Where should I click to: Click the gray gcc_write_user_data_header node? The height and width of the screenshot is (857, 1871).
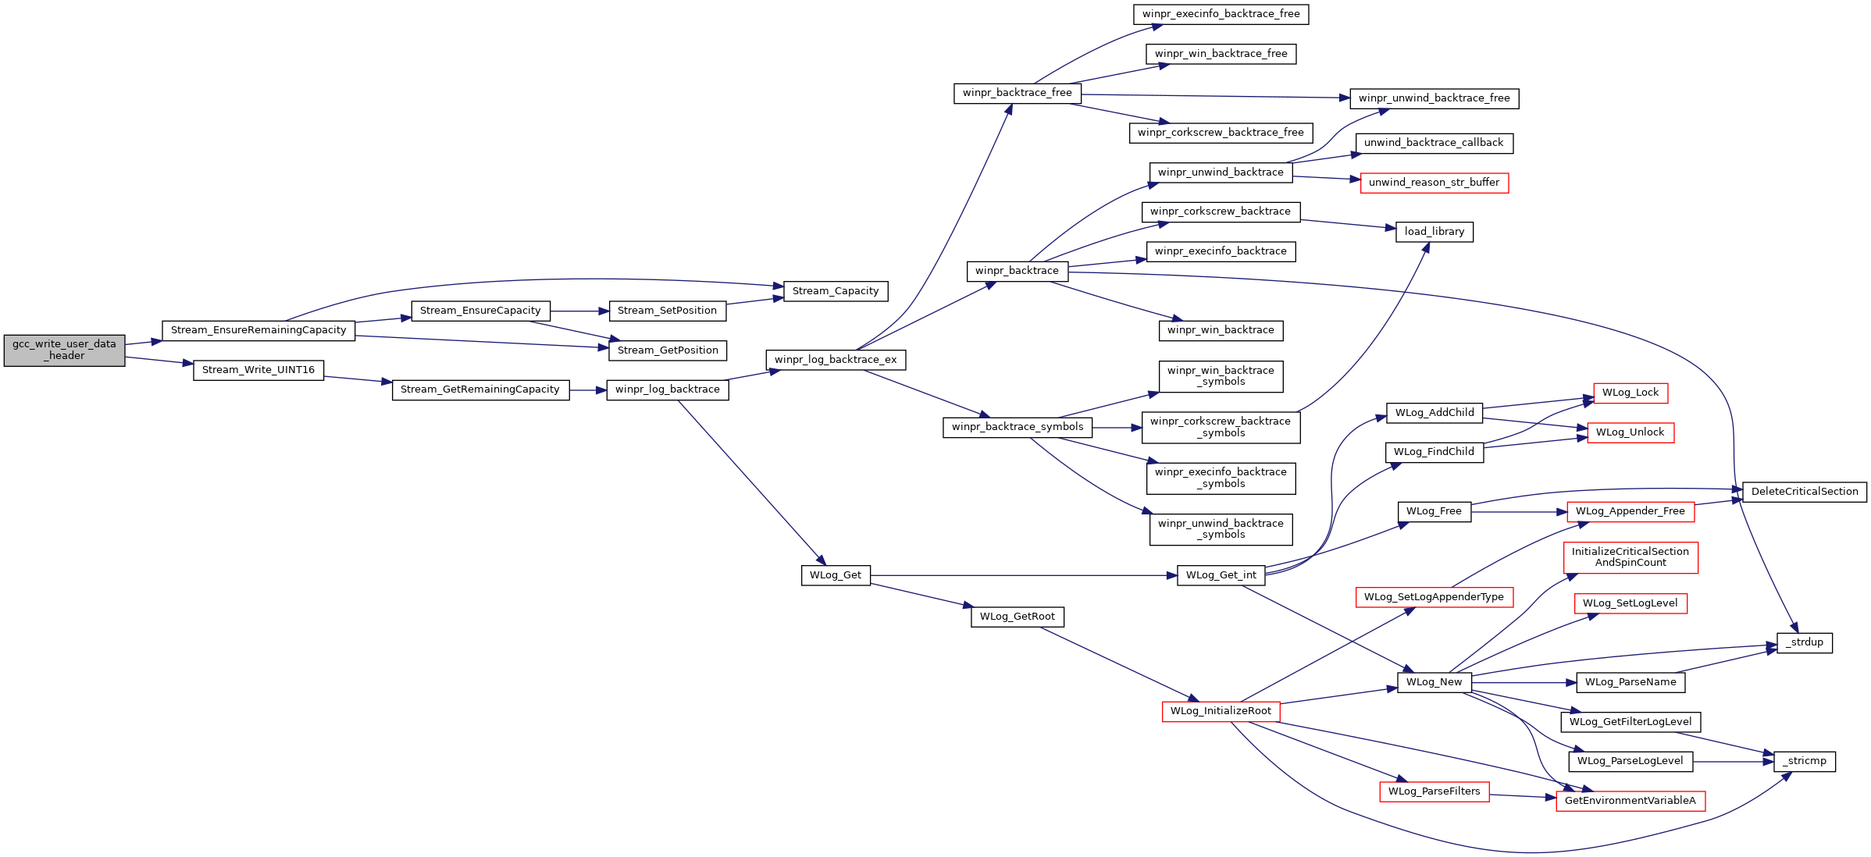64,350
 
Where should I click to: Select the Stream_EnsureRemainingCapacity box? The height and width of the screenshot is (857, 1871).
258,330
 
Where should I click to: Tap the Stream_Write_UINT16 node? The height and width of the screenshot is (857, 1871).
258,370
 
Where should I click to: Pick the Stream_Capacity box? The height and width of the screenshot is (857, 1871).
836,291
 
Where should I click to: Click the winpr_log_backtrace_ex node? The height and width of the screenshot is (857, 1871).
836,360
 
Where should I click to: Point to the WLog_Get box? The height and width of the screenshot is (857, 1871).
836,575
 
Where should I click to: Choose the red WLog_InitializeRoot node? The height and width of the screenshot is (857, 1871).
1221,711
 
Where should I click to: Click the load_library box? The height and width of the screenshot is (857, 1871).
1434,232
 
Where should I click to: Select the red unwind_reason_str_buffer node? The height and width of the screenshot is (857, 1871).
1434,183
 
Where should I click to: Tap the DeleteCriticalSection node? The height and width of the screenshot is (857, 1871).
1805,492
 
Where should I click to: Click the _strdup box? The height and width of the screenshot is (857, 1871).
1805,642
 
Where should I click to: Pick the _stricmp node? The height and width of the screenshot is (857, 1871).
1805,761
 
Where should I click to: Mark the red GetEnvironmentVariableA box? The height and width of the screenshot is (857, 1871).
1630,801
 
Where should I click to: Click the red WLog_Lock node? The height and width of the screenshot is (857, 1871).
1630,393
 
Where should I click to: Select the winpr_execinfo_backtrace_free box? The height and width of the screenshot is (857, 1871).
1221,14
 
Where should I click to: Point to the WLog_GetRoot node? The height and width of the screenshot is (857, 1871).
1017,617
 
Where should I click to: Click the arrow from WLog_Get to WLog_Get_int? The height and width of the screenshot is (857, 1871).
1024,575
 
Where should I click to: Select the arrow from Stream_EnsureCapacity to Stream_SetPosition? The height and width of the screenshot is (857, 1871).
579,311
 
